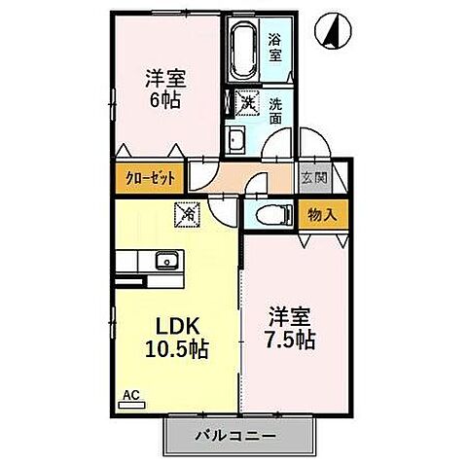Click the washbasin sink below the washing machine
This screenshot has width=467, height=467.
[236, 139]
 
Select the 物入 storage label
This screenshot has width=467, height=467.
[321, 215]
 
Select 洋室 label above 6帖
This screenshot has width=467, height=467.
[167, 75]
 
